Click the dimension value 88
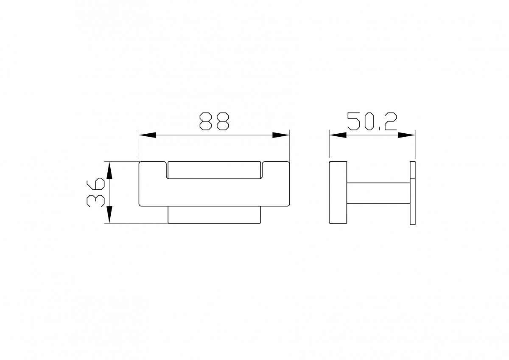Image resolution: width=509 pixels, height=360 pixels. coord(214,121)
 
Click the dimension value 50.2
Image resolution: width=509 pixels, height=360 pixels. coord(372,121)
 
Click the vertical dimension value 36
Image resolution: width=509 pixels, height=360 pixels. coord(96,192)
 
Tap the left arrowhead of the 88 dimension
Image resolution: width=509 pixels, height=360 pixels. coord(148,135)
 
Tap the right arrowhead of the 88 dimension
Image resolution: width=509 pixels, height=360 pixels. coord(281,135)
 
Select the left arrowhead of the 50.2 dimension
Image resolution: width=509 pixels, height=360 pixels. coord(338,135)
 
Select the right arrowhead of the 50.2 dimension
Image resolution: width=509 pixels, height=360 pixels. coord(406,135)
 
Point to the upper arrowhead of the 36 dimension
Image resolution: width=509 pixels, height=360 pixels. coord(109,170)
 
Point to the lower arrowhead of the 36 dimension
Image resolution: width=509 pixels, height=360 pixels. coord(109,215)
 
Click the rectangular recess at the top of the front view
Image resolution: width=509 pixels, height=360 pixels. coord(214,170)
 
